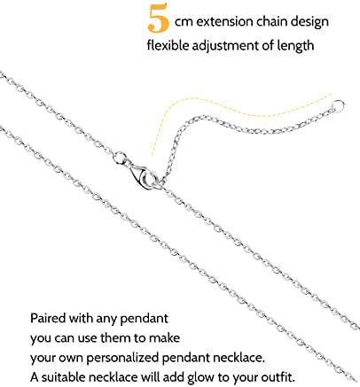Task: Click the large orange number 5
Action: coord(158,19)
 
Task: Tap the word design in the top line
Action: coord(309,22)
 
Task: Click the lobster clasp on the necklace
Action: coord(143,176)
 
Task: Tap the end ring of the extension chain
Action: coord(338,105)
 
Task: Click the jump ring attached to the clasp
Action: coord(120,159)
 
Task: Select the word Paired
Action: coord(48,318)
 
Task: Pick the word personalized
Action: coord(123,358)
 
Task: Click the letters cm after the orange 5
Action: coord(184,23)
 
